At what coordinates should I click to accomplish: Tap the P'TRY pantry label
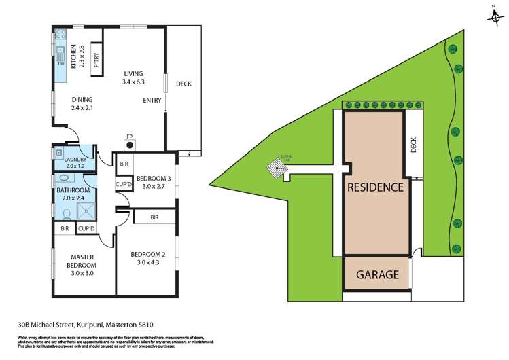96,60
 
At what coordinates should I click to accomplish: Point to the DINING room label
82,103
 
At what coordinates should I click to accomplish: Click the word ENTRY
152,101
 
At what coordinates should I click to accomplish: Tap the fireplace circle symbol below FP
129,143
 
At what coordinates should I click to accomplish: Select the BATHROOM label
73,194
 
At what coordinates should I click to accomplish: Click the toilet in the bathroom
67,214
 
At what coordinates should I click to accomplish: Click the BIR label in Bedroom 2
154,217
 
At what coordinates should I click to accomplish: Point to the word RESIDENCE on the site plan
375,187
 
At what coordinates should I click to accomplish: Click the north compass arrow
495,15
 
